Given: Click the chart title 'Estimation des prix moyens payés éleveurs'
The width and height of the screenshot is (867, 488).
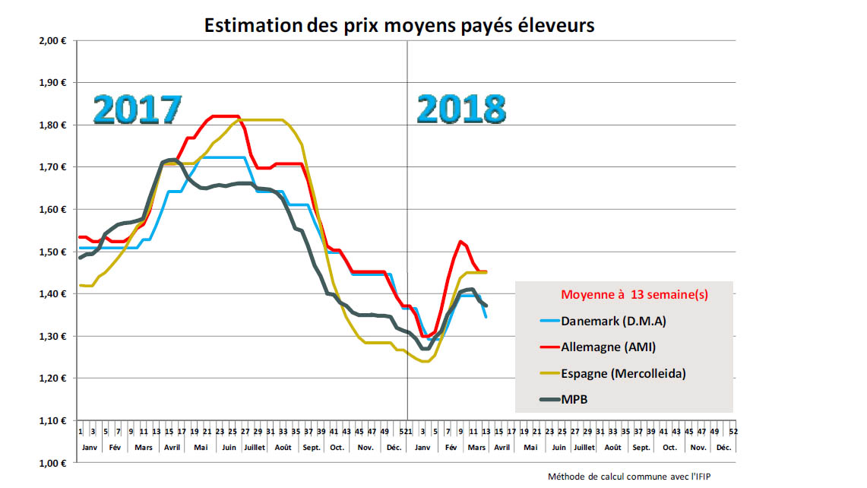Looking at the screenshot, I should [x=399, y=25].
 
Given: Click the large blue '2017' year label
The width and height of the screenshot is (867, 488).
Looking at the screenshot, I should [x=138, y=109].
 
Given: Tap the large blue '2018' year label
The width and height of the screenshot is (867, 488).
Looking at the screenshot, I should [x=461, y=109].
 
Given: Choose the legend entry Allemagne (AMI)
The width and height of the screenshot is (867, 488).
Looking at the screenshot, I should [x=609, y=347].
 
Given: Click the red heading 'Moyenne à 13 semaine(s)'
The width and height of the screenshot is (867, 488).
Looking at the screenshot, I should [x=634, y=295].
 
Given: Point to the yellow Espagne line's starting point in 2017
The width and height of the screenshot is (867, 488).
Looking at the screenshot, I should [x=80, y=285].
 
